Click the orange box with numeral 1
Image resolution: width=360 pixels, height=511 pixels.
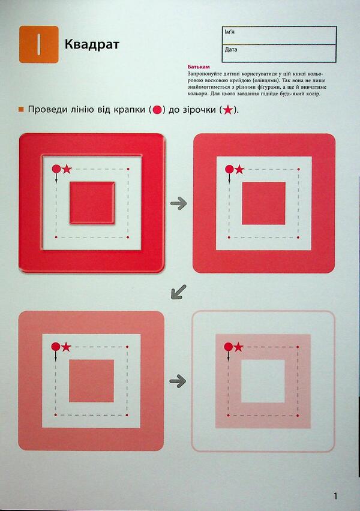[38, 44]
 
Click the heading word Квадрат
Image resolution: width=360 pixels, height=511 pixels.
[92, 44]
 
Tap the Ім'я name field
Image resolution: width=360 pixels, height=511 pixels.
[279, 36]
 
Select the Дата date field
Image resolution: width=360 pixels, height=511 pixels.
[279, 53]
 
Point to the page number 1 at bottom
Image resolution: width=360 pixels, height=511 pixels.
[336, 495]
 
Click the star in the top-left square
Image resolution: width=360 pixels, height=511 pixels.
[67, 169]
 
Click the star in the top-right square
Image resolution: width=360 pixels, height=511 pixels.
[239, 170]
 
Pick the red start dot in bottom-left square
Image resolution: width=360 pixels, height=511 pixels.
[55, 347]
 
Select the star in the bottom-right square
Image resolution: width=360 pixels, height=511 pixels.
[238, 347]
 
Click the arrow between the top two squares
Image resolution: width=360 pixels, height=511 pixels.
[178, 204]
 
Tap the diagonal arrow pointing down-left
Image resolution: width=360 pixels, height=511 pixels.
[178, 292]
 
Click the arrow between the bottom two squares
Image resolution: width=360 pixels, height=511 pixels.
[178, 380]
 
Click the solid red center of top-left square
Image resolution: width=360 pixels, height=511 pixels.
[91, 202]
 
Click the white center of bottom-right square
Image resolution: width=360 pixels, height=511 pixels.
[263, 381]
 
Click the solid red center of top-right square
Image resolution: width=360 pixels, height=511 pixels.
[263, 203]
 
